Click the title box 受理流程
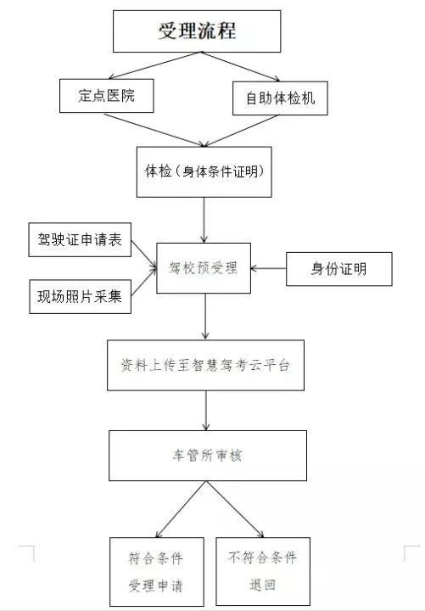pos(197,31)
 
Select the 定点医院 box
pos(106,96)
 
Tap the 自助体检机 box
pos(280,98)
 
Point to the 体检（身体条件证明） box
pos(204,171)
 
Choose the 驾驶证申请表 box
pos(80,239)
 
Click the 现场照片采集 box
pos(81,296)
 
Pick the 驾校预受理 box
pos(204,268)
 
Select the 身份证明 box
pos(339,269)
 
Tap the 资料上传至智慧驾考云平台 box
pos(205,365)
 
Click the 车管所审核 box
pos(208,456)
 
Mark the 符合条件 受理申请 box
pos(157,572)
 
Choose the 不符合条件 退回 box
pos(263,571)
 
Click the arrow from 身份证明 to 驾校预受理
pos(268,268)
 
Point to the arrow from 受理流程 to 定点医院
pos(154,65)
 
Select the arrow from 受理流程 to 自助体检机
pos(241,67)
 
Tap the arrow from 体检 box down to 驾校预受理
pos(204,220)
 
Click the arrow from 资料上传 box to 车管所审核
pos(206,411)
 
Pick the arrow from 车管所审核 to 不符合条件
pos(235,509)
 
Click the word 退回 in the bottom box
pos(263,585)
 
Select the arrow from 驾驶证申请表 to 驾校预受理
pos(143,254)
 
